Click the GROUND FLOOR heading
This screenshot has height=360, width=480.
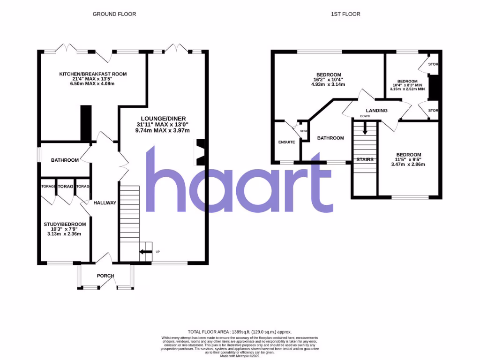click(x=114, y=14)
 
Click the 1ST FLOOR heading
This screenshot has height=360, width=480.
click(x=345, y=14)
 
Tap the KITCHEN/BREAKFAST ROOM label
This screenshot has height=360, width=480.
click(x=93, y=74)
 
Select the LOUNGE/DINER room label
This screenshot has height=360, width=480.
click(x=163, y=118)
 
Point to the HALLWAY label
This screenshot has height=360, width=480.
click(x=105, y=203)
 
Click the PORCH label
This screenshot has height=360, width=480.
click(x=105, y=276)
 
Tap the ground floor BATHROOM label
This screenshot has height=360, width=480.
click(x=65, y=160)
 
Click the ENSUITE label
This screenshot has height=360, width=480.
click(x=286, y=142)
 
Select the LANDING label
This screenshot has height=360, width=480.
click(x=376, y=111)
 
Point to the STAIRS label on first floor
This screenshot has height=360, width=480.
click(x=365, y=160)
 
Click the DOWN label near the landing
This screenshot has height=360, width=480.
click(x=365, y=116)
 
